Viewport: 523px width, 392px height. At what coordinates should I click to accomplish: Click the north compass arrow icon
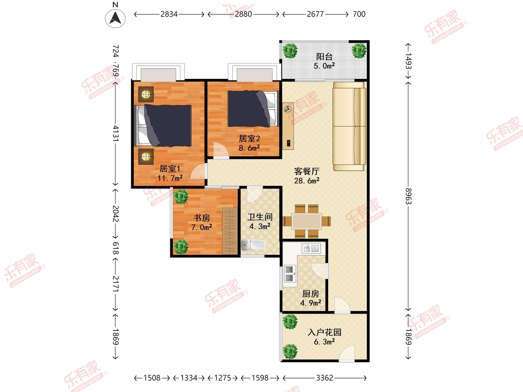coord(115,19)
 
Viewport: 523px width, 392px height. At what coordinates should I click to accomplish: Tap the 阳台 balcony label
coord(324,57)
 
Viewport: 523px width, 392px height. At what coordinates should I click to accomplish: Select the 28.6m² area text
coord(307,181)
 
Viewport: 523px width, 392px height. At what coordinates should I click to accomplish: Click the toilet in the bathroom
coord(253,245)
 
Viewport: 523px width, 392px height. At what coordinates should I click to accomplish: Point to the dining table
coord(307,221)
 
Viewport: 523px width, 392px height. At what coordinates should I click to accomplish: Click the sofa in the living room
coord(350,126)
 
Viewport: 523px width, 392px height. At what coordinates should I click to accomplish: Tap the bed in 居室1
coord(163,125)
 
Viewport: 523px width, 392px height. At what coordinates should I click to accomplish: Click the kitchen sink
coord(311,249)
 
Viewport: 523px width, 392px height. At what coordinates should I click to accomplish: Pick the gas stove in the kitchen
coord(289,274)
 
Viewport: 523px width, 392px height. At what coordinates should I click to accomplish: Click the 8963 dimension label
coord(408,196)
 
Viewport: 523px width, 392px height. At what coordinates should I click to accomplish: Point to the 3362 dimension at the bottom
coord(325,378)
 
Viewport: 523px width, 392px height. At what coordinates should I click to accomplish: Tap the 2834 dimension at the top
coord(169,14)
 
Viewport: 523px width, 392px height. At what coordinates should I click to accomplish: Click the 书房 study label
coord(202,218)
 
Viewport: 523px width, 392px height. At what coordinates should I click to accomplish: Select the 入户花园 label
coord(324,332)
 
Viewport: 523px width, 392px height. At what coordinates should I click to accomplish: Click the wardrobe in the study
coord(230,231)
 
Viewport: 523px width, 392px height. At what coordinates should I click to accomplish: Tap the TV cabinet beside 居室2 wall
coord(288,126)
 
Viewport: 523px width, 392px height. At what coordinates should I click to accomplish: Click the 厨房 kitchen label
coord(310,294)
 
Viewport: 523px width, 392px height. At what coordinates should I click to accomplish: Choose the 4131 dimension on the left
coord(115,133)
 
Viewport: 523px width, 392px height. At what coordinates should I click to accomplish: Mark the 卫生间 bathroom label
coord(260,217)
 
